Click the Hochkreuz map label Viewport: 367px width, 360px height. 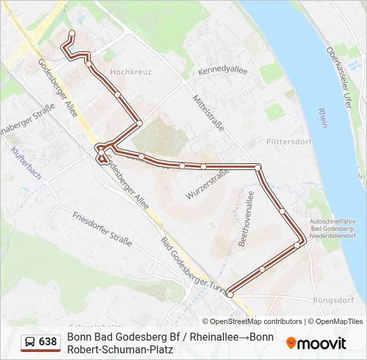131,71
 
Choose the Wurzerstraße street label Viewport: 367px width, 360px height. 208,183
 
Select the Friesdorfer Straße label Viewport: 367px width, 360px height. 102,228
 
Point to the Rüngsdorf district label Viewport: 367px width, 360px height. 332,300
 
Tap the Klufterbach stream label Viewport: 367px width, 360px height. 26,164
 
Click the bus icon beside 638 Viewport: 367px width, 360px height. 30,342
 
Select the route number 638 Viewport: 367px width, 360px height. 48,342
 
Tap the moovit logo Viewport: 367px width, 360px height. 316,343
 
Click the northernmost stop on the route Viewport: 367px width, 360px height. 72,33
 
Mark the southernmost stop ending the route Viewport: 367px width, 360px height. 230,294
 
